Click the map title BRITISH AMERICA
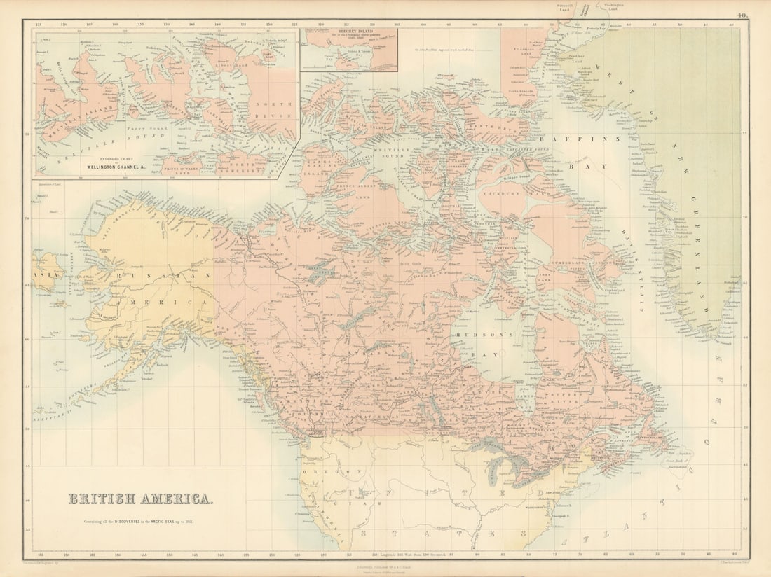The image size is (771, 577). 141,499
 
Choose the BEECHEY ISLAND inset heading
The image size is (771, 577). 348,32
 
